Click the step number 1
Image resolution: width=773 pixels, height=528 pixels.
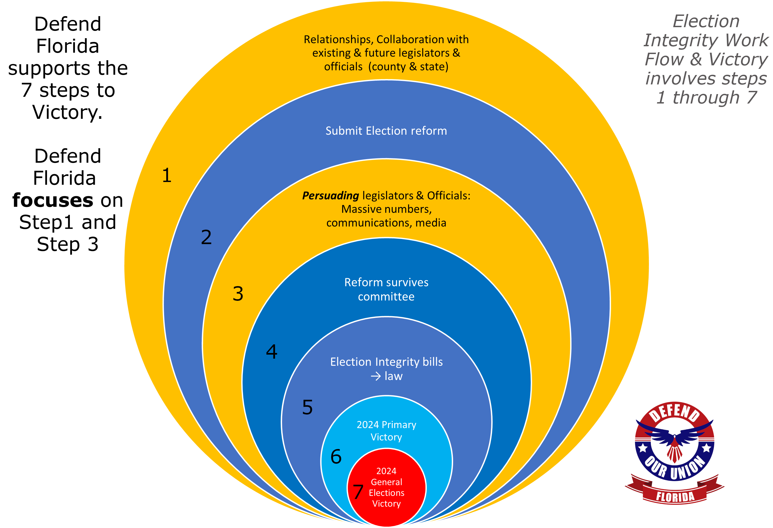point(167,176)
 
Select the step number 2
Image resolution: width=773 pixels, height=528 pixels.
point(206,237)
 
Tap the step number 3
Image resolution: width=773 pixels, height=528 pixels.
point(238,294)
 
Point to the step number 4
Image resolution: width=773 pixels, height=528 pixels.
point(272,352)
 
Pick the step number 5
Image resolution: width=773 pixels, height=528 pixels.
point(307,407)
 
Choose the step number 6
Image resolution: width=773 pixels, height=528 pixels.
point(336,456)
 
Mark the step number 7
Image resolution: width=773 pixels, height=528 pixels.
point(358,492)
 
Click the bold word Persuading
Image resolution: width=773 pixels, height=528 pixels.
point(330,196)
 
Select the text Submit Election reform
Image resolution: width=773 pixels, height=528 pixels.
point(386,131)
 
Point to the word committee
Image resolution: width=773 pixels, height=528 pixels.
point(386,297)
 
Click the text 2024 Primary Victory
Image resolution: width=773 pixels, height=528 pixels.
point(386,431)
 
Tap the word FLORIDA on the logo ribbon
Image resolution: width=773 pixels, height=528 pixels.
point(675,497)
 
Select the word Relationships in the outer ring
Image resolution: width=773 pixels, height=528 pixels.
point(338,40)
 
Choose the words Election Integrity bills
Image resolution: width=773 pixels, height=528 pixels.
point(386,362)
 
